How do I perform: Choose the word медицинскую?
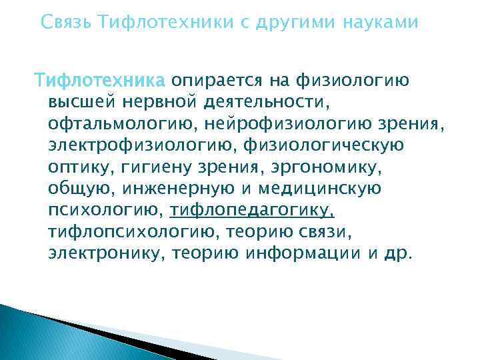pos(323,189)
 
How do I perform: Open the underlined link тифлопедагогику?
pos(252,211)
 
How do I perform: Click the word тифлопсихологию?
pos(133,232)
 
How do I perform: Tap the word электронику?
pos(106,254)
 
